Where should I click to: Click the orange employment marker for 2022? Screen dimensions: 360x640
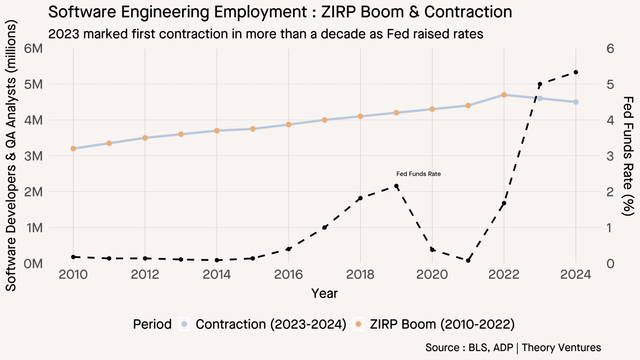504,95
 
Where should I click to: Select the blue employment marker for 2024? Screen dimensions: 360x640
576,102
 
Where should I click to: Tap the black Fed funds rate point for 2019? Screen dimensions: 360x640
396,186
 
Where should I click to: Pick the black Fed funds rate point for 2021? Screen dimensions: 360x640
468,260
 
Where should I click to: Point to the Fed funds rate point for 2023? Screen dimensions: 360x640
540,84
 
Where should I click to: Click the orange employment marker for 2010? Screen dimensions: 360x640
73,149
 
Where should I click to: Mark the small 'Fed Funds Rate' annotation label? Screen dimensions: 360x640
418,174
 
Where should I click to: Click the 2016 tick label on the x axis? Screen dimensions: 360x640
288,275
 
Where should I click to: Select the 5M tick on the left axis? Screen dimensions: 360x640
34,84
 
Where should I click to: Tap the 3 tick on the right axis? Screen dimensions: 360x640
610,156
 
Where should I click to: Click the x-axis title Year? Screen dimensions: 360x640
324,293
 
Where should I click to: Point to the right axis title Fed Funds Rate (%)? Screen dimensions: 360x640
629,156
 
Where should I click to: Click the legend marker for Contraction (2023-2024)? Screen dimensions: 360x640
184,324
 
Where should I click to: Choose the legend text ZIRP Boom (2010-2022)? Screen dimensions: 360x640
442,324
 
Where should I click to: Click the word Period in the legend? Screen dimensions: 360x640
152,324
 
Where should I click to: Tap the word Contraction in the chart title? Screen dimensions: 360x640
468,12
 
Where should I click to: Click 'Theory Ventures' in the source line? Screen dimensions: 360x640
561,348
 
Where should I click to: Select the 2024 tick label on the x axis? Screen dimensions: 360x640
575,275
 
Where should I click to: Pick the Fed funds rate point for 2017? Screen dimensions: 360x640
325,227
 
